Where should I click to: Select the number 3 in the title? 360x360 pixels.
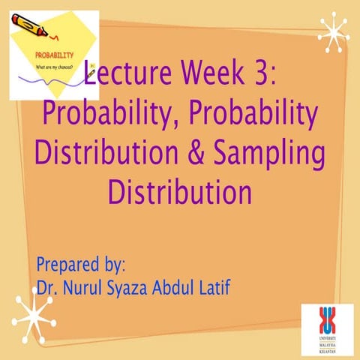(267, 74)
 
